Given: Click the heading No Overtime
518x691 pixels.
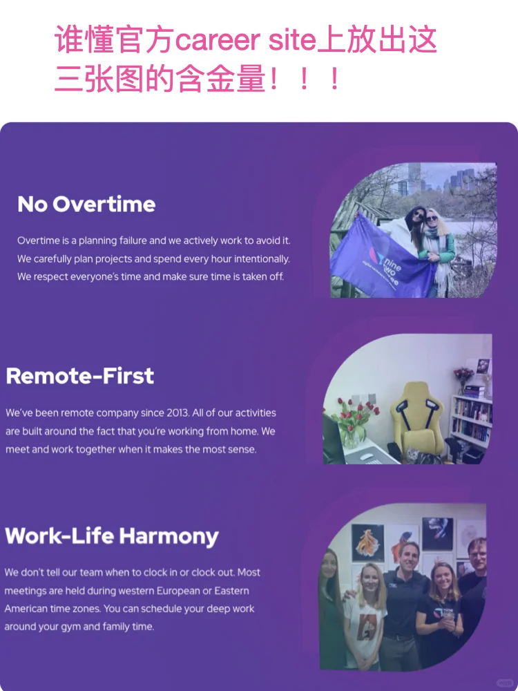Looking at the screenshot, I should [x=86, y=205].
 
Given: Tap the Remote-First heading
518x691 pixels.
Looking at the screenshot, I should [x=79, y=376].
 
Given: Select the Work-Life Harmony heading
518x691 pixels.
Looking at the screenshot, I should [x=111, y=536].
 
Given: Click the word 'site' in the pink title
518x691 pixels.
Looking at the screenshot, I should [x=291, y=41].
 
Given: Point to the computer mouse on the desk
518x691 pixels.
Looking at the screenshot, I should [x=365, y=456].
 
